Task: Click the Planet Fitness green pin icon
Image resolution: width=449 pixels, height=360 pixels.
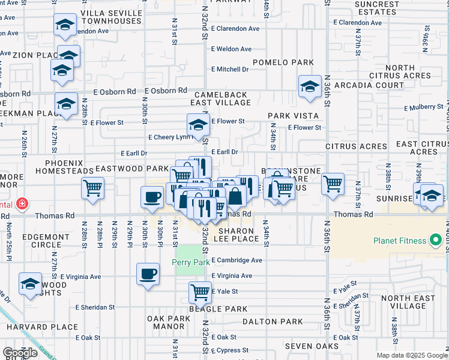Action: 436,241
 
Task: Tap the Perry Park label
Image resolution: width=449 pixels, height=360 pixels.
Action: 188,262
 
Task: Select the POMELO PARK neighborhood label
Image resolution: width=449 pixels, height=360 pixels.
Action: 275,62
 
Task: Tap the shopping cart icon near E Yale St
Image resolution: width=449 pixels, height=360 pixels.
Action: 200,293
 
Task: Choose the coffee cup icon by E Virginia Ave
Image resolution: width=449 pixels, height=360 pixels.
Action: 148,275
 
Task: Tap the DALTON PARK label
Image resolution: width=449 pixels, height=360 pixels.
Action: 273,322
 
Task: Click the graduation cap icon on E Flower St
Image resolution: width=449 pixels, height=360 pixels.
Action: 198,125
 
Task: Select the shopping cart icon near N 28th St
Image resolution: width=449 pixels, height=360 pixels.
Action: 92,188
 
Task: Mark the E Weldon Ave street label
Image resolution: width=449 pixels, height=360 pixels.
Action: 231,49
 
